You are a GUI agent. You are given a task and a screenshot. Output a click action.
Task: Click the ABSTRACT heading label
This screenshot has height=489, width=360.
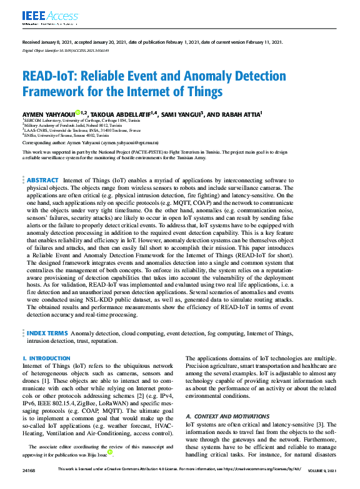pyautogui.click(x=43, y=162)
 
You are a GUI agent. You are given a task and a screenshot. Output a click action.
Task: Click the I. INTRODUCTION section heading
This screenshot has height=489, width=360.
pyautogui.click(x=46, y=358)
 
